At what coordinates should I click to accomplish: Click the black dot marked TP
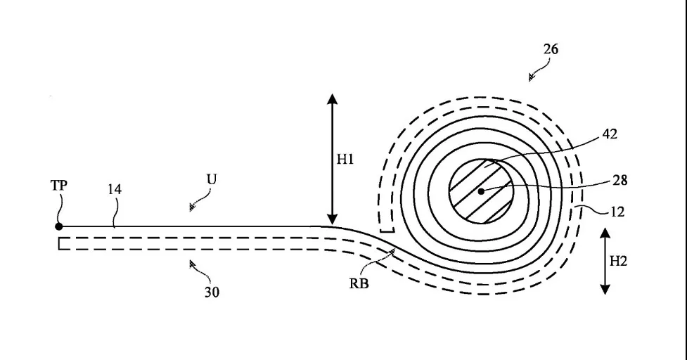(x=58, y=226)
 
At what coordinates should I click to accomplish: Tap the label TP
(x=59, y=186)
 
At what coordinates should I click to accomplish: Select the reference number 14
(x=115, y=189)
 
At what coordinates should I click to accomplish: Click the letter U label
(x=212, y=179)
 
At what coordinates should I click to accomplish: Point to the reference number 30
(x=212, y=292)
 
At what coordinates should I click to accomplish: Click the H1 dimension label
(x=345, y=160)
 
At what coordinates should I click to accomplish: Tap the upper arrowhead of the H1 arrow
(x=333, y=99)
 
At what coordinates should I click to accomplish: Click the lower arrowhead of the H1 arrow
(x=333, y=219)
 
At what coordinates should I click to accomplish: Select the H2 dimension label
(x=618, y=262)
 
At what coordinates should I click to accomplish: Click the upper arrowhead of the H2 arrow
(x=605, y=233)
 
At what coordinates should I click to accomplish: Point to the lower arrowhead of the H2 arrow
(x=605, y=288)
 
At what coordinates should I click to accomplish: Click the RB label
(x=359, y=284)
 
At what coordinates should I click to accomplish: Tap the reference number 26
(x=551, y=49)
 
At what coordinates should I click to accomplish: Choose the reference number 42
(x=610, y=134)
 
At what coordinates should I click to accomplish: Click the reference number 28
(x=620, y=180)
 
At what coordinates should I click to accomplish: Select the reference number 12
(x=618, y=212)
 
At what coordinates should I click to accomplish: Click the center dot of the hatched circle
(x=481, y=191)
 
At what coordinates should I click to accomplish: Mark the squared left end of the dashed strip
(x=59, y=243)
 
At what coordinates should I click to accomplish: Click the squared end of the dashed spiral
(x=387, y=231)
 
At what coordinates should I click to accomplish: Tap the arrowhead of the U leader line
(x=192, y=207)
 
